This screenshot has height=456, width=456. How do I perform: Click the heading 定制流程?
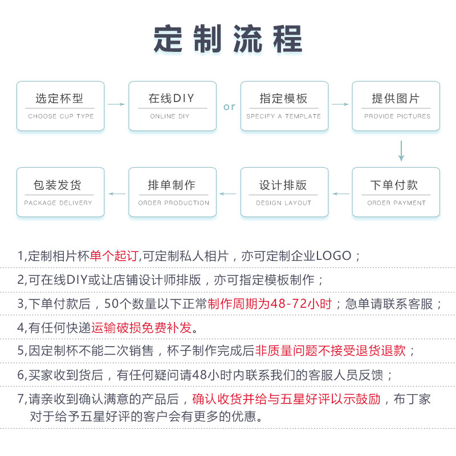point(228,39)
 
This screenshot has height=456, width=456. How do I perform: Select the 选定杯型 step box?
point(60,106)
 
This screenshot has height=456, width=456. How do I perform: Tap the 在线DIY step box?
point(172,106)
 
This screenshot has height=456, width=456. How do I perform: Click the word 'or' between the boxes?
point(229,107)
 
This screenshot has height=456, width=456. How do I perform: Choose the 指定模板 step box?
point(284,106)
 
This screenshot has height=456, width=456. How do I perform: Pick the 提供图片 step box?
point(396,106)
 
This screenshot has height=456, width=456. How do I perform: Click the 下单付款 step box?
point(396,192)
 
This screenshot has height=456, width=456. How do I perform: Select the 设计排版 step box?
point(284,192)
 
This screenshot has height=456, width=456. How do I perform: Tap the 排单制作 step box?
point(172,192)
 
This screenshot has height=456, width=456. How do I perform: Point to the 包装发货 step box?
point(60,192)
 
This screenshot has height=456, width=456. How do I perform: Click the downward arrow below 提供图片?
point(401,150)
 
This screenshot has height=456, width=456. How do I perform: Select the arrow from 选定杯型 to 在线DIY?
point(116,104)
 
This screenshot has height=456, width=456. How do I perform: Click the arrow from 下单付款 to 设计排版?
point(341,194)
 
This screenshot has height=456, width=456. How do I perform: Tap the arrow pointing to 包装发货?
point(117,194)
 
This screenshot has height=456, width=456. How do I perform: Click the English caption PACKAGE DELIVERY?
point(58,203)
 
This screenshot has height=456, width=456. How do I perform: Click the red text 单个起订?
point(114,256)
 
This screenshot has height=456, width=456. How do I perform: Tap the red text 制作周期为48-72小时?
point(270,304)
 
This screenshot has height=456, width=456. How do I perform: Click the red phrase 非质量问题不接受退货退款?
point(335,351)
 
